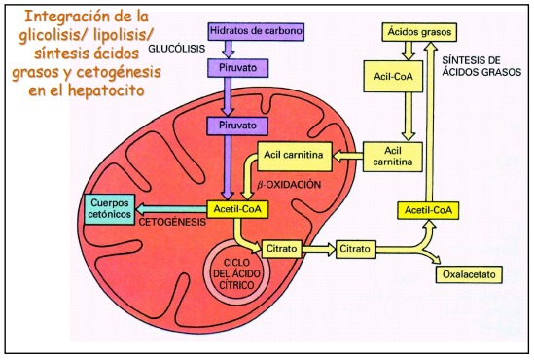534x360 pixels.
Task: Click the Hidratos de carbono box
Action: pyautogui.click(x=256, y=32)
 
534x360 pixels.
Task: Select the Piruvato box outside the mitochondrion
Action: pyautogui.click(x=237, y=68)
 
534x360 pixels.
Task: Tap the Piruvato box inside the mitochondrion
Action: pyautogui.click(x=237, y=126)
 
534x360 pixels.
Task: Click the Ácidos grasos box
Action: pyautogui.click(x=419, y=32)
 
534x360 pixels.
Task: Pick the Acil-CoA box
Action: pyautogui.click(x=393, y=76)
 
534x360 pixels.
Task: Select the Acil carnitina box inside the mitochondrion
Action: pyautogui.click(x=294, y=157)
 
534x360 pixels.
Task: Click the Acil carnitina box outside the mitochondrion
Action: pyautogui.click(x=393, y=157)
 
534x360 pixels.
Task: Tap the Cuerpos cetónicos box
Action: pyautogui.click(x=109, y=209)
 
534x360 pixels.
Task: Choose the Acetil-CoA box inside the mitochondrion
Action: pyautogui.click(x=237, y=209)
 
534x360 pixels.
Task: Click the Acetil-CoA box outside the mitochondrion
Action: pyautogui.click(x=428, y=210)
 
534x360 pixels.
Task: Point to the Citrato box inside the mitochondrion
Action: pyautogui.click(x=282, y=249)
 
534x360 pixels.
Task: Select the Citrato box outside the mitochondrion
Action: pyautogui.click(x=356, y=249)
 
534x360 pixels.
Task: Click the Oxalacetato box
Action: pyautogui.click(x=469, y=274)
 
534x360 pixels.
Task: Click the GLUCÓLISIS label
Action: pyautogui.click(x=177, y=49)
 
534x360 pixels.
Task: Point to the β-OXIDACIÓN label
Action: pyautogui.click(x=289, y=185)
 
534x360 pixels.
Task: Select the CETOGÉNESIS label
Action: pyautogui.click(x=172, y=222)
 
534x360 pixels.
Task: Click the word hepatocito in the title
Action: pyautogui.click(x=106, y=90)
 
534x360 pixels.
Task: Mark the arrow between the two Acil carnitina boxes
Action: pyautogui.click(x=347, y=157)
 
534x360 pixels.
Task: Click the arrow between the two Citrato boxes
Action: pyautogui.click(x=319, y=249)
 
